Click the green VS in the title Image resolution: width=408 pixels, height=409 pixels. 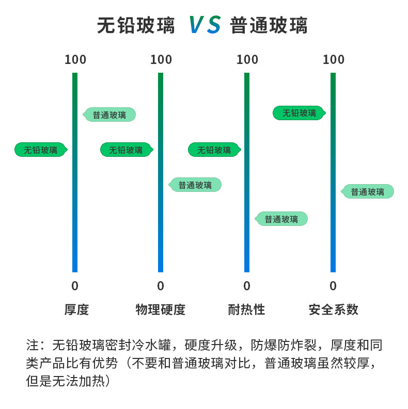(x=205, y=25)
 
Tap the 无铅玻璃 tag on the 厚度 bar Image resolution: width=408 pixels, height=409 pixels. (x=41, y=150)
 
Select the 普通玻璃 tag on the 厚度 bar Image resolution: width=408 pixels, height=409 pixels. (x=109, y=114)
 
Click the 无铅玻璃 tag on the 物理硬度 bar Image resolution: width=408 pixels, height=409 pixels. (x=127, y=150)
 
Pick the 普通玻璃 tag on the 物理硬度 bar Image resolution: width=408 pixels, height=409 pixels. (x=195, y=185)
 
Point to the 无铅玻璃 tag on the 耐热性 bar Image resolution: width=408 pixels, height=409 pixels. (x=214, y=150)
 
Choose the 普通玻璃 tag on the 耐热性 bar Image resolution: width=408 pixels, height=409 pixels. (x=281, y=219)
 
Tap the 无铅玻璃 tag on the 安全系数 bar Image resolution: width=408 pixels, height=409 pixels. (x=299, y=113)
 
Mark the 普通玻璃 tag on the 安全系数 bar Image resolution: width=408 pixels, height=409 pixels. (x=367, y=192)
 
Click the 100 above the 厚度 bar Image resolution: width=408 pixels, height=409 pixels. (x=75, y=60)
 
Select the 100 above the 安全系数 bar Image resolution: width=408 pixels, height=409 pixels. (x=334, y=60)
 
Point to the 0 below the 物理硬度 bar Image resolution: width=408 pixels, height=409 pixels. (x=161, y=286)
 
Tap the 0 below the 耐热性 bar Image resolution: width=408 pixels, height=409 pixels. (x=247, y=286)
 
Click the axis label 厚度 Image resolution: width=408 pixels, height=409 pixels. (x=76, y=310)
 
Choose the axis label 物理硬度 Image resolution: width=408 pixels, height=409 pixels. (x=161, y=310)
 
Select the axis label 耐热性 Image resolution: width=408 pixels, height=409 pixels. (x=246, y=310)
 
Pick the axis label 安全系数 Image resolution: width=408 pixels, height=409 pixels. (x=333, y=310)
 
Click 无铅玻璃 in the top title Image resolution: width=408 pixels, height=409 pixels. (x=136, y=26)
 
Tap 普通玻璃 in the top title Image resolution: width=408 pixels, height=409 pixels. (x=269, y=26)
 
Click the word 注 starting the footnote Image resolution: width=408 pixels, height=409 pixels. (x=33, y=345)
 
